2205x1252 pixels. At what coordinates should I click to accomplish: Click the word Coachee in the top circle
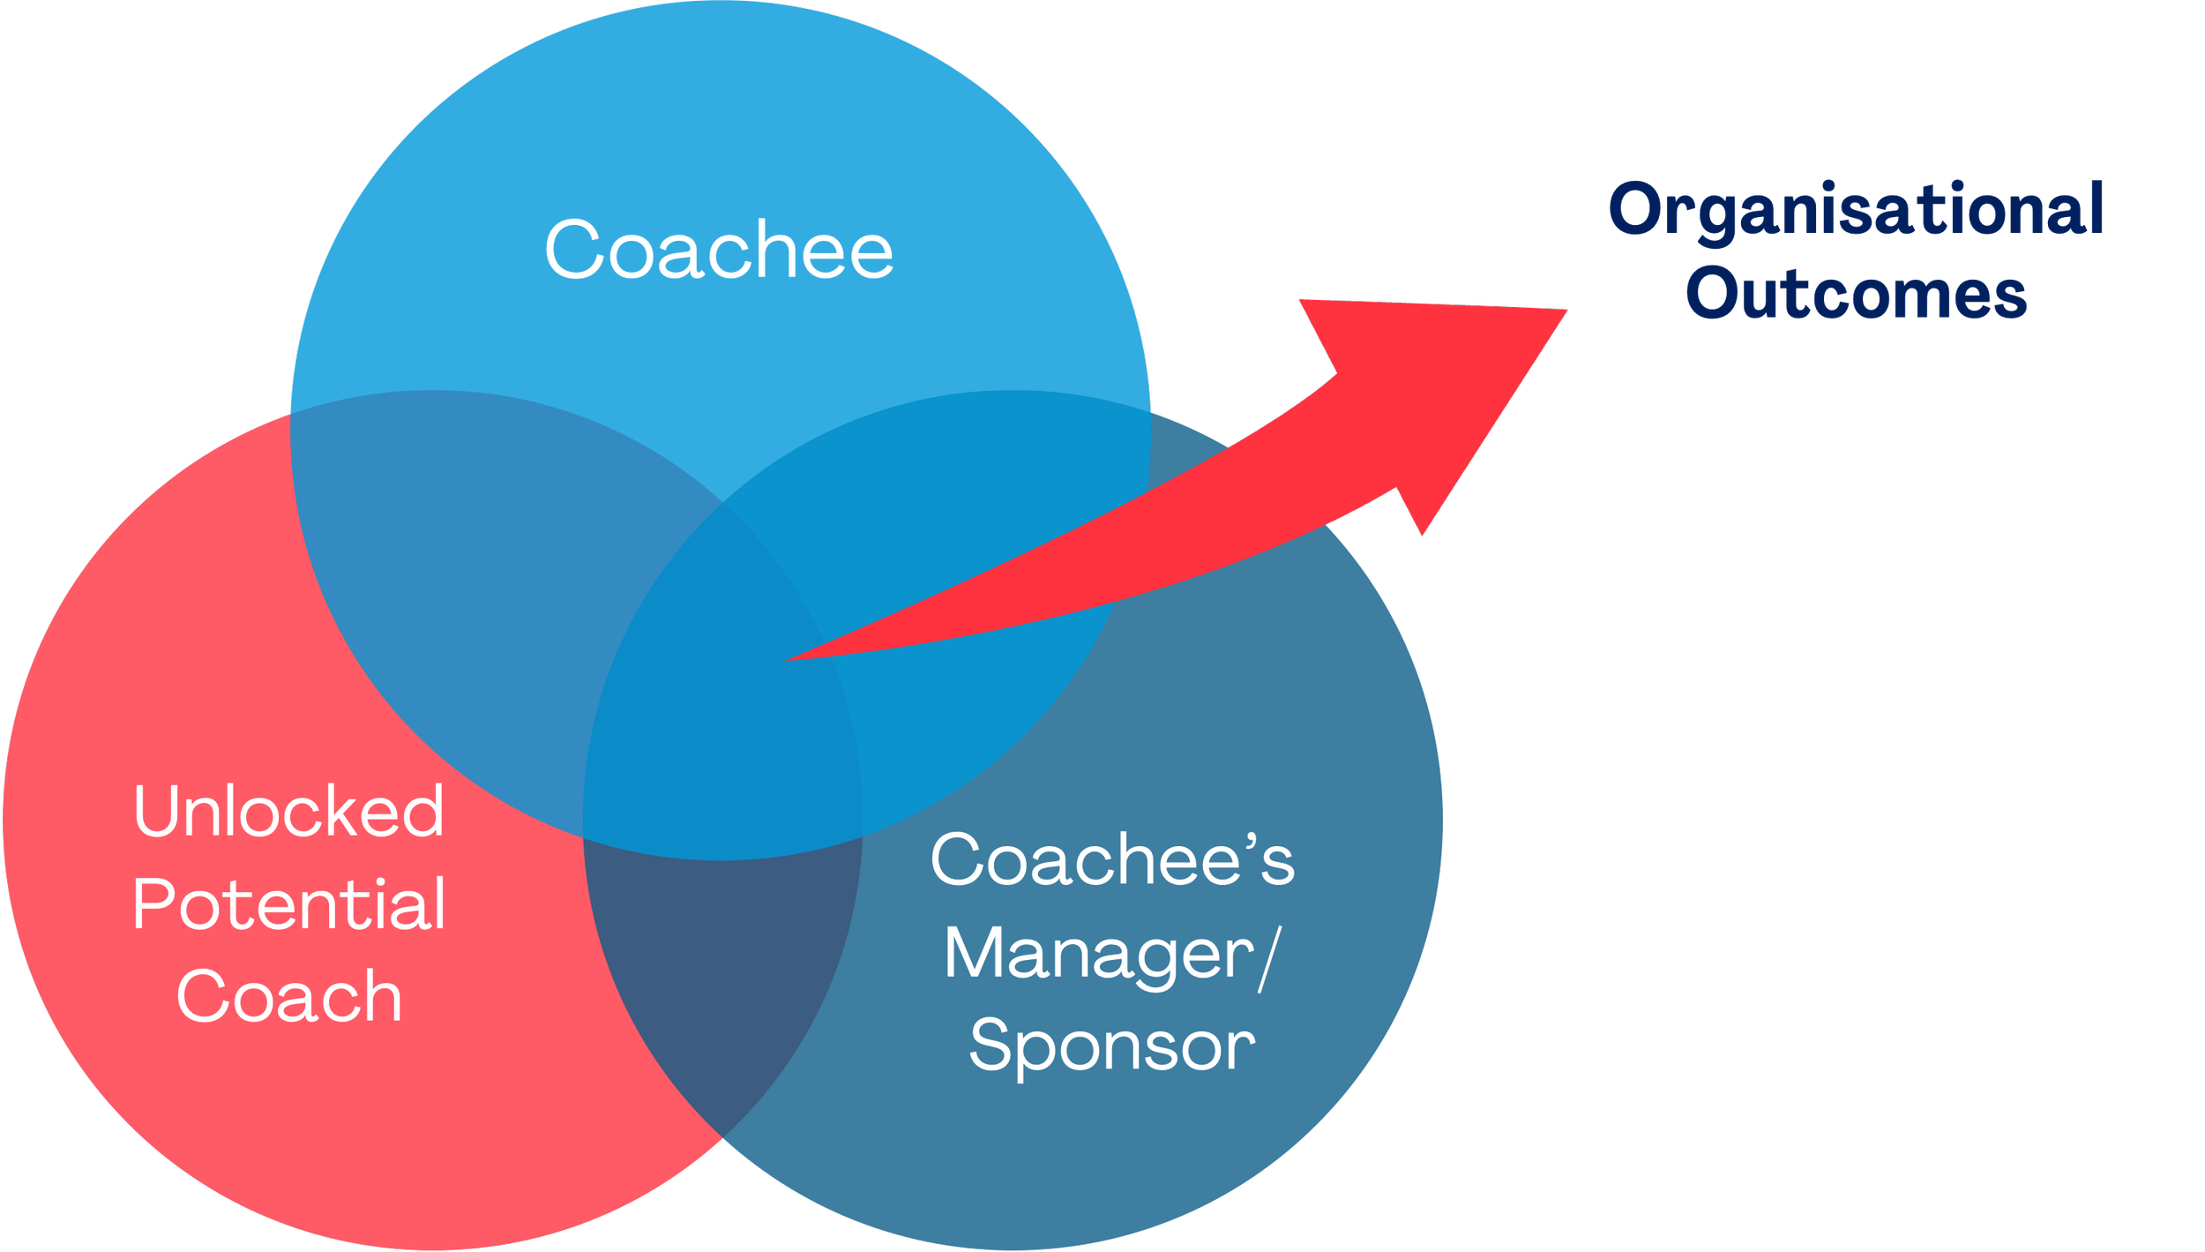[719, 250]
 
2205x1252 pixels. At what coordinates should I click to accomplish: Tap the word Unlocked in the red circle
[288, 811]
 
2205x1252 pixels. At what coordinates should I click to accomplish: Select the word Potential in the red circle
[288, 905]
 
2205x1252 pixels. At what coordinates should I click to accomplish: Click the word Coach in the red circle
[288, 997]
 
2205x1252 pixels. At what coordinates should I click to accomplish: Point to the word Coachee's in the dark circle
[1111, 859]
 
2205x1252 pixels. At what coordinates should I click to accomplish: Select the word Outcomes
[1857, 294]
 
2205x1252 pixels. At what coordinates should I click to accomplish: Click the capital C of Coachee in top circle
[572, 250]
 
